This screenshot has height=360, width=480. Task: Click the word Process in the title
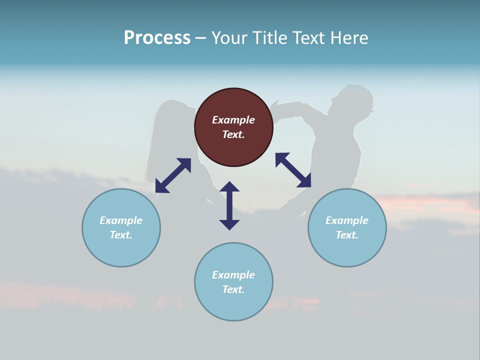tap(157, 38)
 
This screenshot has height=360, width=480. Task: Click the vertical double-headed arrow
tap(229, 205)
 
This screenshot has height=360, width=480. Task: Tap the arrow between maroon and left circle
tap(173, 175)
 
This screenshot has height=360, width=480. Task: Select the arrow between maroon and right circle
tap(293, 170)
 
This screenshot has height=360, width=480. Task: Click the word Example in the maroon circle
tap(233, 120)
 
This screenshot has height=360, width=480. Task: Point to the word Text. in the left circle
tap(121, 235)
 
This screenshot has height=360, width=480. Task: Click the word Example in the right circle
tap(347, 220)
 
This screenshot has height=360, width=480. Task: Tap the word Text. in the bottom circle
tap(233, 289)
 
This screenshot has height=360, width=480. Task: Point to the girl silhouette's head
tap(172, 117)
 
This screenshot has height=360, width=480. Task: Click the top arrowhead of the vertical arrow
tap(229, 186)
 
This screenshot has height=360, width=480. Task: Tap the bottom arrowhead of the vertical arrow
tap(229, 224)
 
